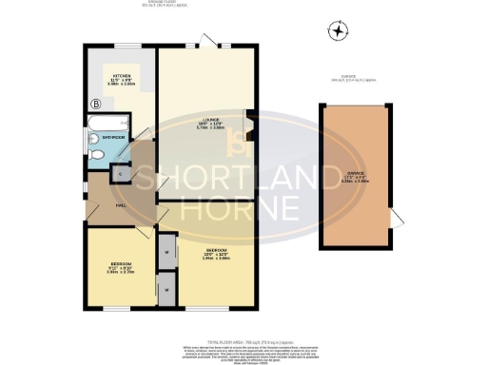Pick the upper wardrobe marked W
coord(166,251)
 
